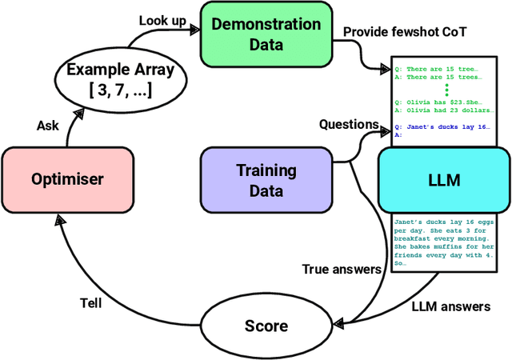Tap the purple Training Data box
tap(266, 180)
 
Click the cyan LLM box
tap(443, 179)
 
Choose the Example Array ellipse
tap(119, 78)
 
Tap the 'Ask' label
tap(49, 125)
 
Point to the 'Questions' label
tap(349, 124)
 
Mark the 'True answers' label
tap(342, 269)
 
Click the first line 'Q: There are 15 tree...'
tap(438, 68)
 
